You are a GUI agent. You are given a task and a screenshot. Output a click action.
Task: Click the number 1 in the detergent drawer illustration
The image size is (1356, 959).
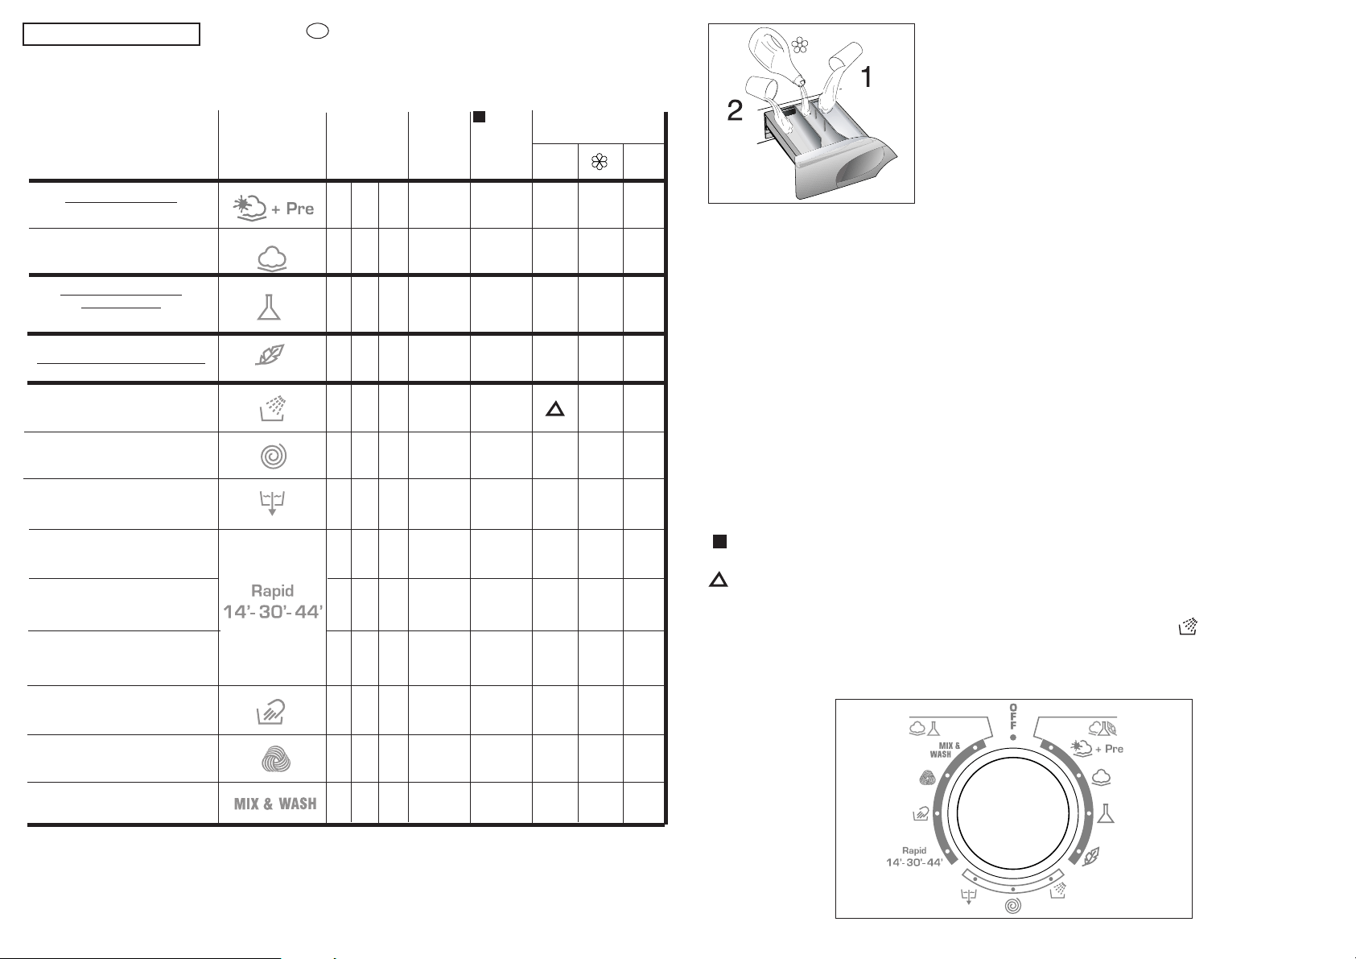pos(867,77)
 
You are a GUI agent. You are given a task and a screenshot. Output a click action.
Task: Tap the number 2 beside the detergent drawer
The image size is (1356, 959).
pos(735,110)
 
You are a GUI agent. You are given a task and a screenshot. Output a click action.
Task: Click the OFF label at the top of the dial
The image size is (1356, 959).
pos(1012,716)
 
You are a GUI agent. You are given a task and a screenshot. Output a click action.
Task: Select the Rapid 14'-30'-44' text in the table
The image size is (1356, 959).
pos(273,602)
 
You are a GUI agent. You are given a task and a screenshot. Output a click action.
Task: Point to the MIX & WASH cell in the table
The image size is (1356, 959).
pos(275,804)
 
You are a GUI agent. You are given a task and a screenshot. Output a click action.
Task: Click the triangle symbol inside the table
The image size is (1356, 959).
pos(555,410)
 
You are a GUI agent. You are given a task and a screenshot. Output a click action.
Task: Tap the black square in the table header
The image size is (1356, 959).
pos(479,117)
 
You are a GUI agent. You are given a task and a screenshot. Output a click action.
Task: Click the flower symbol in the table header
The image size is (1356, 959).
pos(600,162)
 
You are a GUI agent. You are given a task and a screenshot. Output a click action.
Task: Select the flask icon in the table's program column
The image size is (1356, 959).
pos(269,308)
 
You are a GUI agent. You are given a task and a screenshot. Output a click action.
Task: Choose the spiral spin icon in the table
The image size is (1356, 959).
pos(274,456)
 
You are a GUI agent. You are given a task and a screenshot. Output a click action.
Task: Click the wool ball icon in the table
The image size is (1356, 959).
pos(276,759)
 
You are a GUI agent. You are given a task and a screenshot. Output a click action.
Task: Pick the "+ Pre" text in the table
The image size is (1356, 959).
pos(292,209)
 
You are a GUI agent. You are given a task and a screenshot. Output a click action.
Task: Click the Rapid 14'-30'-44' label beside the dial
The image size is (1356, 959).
pos(914,857)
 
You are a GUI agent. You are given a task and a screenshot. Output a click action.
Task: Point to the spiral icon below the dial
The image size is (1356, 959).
pos(1012,906)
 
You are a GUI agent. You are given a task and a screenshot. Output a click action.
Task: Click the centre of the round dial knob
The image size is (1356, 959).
pos(1012,813)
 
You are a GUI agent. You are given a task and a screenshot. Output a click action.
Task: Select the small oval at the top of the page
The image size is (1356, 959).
pos(318,31)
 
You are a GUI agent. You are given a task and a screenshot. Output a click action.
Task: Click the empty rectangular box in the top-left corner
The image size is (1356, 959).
pos(111,35)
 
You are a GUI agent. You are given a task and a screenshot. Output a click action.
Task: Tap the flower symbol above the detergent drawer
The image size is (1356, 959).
pos(800,45)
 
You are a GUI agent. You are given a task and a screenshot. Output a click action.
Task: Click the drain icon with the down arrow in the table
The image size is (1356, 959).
pos(272,502)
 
